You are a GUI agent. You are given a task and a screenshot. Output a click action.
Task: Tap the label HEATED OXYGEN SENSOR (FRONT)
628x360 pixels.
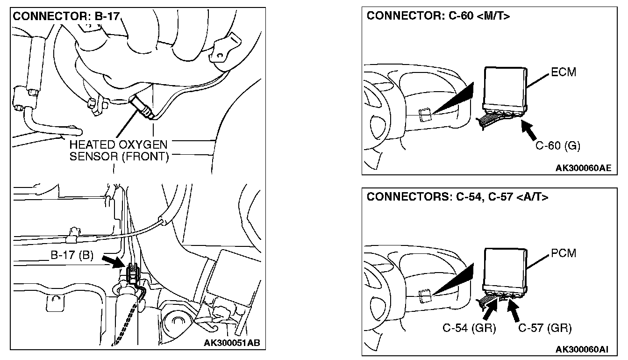[x=119, y=151]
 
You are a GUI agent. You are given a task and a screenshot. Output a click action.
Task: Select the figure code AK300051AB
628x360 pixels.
[x=231, y=343]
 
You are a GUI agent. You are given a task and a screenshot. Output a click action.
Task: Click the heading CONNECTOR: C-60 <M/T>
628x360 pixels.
[x=438, y=16]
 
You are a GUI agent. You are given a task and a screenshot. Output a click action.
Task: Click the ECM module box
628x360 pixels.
[x=506, y=86]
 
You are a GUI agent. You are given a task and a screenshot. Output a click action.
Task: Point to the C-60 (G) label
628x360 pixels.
[x=557, y=145]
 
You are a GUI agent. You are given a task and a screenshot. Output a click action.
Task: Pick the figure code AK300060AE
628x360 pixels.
[x=583, y=167]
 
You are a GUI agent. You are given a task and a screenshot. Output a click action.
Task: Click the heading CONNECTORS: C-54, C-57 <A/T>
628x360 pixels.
[x=457, y=197]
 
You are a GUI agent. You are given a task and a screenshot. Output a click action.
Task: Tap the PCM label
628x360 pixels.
[x=564, y=253]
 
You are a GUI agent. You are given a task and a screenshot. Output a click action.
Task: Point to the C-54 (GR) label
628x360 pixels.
[x=469, y=328]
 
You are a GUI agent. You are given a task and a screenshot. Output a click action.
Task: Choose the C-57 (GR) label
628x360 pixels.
[x=545, y=328]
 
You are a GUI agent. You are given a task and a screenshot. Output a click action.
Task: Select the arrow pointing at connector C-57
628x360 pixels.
[x=515, y=310]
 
